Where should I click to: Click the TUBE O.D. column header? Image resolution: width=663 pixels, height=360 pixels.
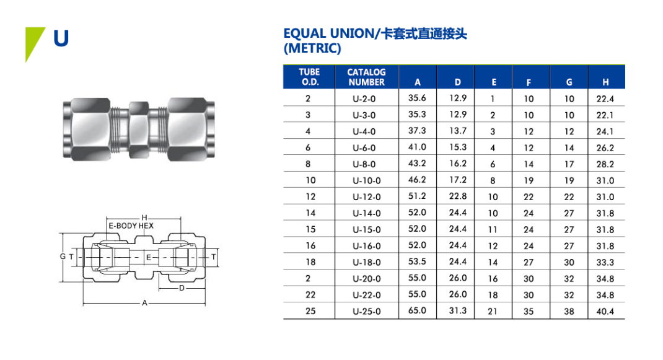click(309, 77)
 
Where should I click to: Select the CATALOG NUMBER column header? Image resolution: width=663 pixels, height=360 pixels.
click(366, 77)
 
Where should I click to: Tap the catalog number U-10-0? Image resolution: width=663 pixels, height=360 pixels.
click(367, 181)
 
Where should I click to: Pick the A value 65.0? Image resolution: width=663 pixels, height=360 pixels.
click(417, 310)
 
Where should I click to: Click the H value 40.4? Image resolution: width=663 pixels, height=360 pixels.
click(605, 311)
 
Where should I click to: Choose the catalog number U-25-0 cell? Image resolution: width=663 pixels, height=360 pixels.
click(367, 311)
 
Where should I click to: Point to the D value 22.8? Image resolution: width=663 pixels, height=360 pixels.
click(458, 196)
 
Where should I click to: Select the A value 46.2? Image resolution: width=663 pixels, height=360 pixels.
click(417, 180)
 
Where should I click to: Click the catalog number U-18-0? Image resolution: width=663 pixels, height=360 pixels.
click(367, 262)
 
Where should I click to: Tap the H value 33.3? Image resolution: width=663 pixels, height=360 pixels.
click(605, 262)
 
